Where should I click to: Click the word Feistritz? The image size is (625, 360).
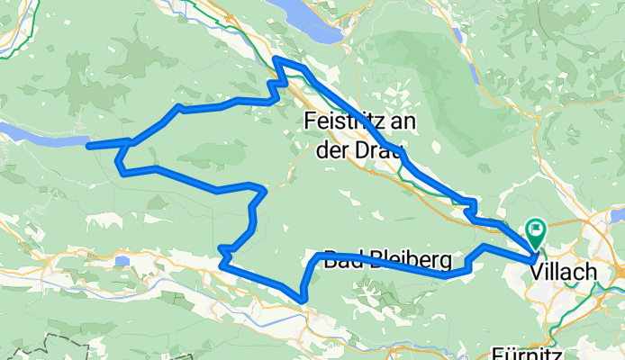pos(349,120)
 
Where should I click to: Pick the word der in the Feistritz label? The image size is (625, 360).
pos(331,147)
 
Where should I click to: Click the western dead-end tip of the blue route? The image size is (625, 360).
pos(88,144)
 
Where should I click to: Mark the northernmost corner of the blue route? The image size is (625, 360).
pos(276,59)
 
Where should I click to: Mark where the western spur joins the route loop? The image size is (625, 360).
pos(131,141)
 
